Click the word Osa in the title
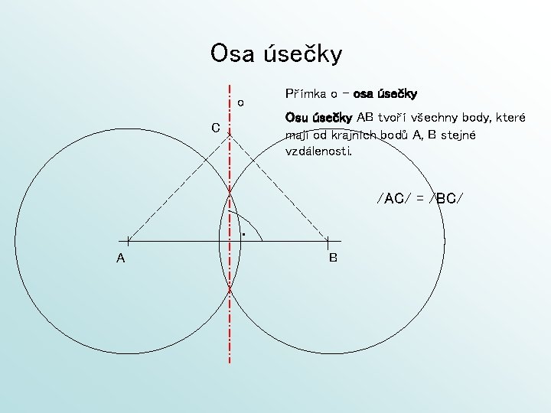233,54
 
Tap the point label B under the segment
333,258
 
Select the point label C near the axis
217,128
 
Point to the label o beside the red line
240,102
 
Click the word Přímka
305,94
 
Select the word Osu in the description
295,118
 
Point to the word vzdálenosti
318,151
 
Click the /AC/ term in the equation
392,199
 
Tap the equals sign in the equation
419,199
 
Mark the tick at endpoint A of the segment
129,241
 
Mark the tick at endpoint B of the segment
327,241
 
